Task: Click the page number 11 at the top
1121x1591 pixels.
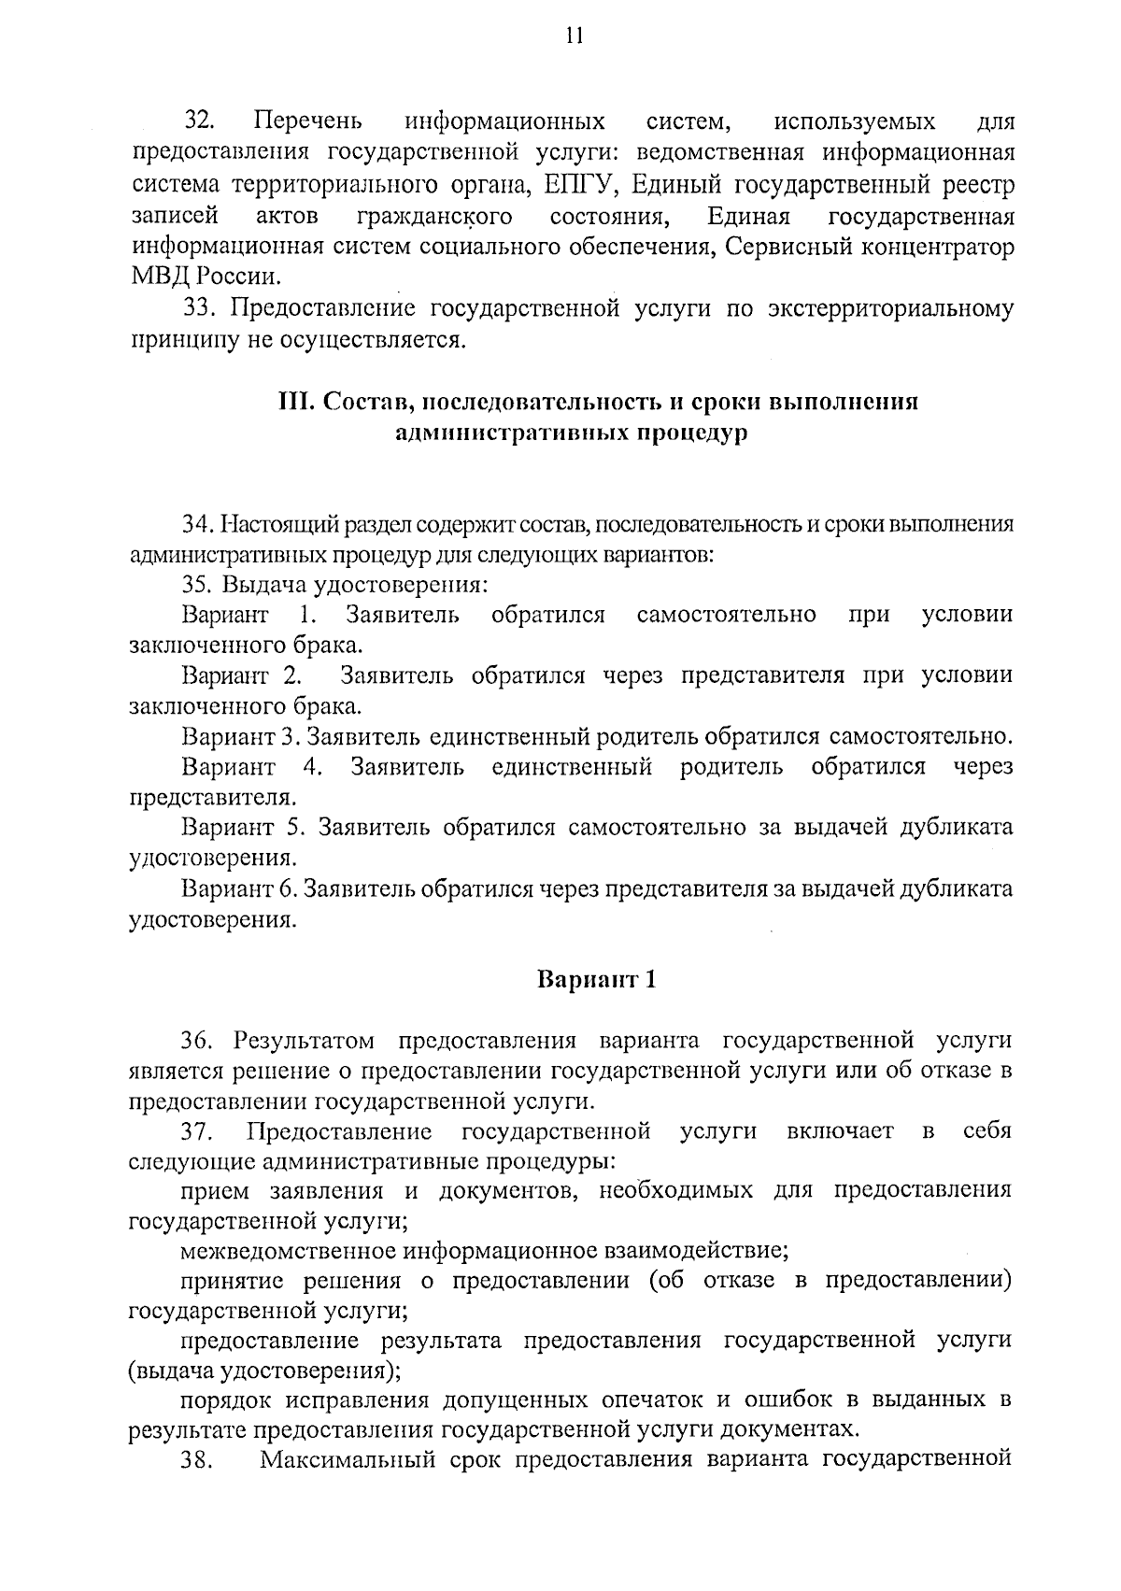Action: coord(574,36)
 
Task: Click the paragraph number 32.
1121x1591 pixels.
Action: coord(201,121)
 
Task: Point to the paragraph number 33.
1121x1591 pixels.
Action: coord(201,308)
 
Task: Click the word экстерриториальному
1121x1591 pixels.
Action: coord(890,308)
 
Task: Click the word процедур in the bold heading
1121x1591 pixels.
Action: coord(695,433)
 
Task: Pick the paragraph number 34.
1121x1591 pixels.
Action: coord(199,524)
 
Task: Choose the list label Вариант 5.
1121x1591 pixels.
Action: coord(245,827)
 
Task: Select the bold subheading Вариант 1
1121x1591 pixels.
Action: coord(598,979)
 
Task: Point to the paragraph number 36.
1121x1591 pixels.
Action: coord(201,1040)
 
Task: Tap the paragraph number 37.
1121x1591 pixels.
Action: coord(199,1132)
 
